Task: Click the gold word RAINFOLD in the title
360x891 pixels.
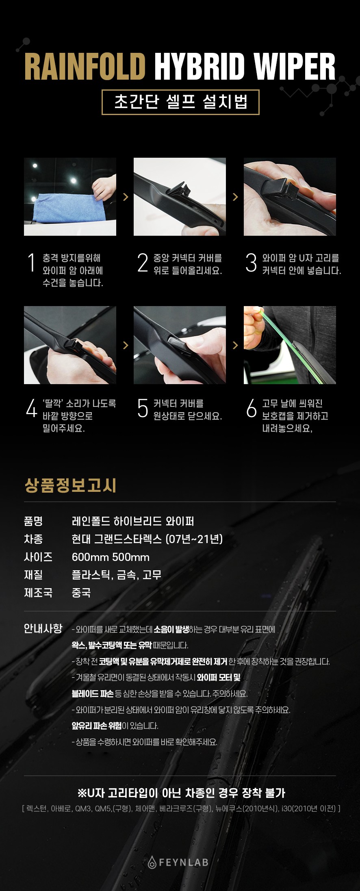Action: tap(85, 66)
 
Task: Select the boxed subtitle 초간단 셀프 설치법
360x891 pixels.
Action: tap(180, 102)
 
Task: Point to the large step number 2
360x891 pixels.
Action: tap(143, 263)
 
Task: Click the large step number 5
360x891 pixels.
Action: tap(143, 408)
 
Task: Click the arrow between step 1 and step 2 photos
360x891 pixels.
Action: tap(126, 197)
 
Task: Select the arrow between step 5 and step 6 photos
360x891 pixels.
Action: tap(235, 345)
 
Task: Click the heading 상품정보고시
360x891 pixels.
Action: tap(70, 486)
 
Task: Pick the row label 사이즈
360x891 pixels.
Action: tap(38, 557)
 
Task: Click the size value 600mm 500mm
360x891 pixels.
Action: tap(111, 557)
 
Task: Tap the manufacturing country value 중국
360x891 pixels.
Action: tap(81, 593)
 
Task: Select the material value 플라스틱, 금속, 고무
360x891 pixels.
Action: tap(117, 575)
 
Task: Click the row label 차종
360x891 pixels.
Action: tap(33, 539)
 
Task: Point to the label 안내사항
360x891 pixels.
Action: tap(43, 628)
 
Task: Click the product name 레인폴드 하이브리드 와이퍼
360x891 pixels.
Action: tap(133, 521)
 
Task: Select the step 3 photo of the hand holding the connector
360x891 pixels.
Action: tap(290, 197)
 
